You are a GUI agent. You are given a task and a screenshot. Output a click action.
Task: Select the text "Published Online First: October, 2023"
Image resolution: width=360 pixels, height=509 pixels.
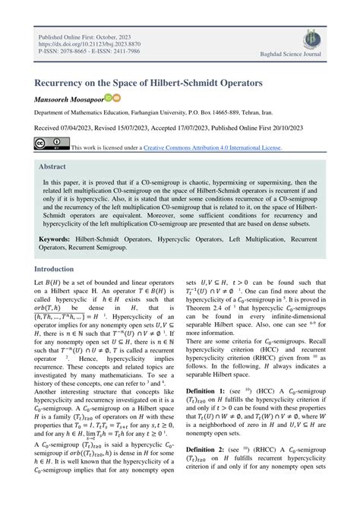pos(85,35)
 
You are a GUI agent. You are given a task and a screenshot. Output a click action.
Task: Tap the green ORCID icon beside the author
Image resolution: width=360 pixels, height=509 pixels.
pos(109,98)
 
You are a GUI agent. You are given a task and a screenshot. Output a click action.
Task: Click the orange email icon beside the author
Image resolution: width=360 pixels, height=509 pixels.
pos(117,98)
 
